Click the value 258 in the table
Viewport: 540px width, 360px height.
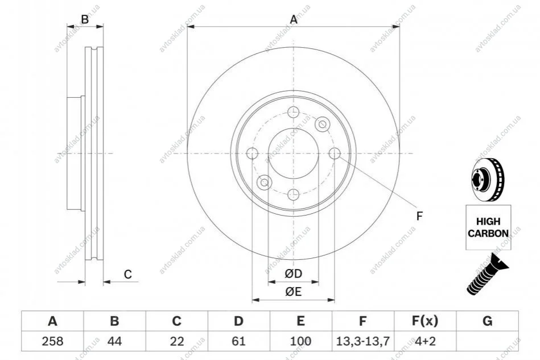click(53, 341)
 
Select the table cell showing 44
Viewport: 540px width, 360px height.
click(115, 341)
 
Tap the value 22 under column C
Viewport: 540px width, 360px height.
click(176, 341)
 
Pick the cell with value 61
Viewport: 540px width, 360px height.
click(238, 341)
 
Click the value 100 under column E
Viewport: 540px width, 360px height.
click(300, 341)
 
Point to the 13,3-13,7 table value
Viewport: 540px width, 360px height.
click(362, 341)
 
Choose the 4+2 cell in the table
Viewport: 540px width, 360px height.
click(425, 341)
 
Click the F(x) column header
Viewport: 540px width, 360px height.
click(425, 321)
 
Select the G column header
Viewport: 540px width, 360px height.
click(487, 321)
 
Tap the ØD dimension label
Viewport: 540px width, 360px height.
click(294, 274)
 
